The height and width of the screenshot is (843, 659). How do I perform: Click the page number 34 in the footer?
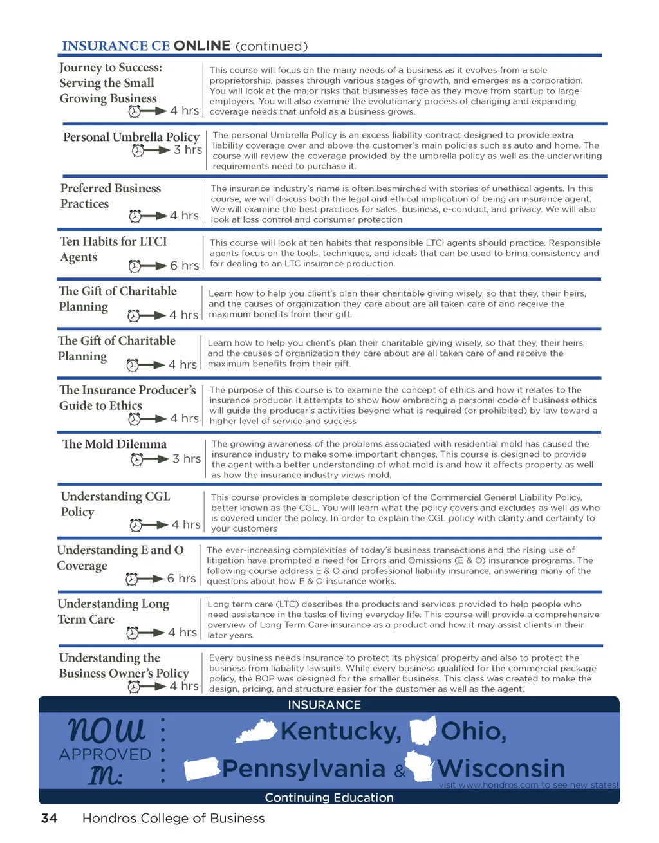[49, 818]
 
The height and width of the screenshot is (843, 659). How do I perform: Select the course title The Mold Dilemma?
[114, 444]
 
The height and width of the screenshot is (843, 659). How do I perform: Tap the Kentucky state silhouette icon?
[257, 732]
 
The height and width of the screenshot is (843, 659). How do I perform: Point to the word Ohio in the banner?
[474, 731]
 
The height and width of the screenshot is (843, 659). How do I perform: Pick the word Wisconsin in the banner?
[501, 768]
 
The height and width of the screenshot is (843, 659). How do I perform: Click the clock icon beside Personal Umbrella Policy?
[138, 151]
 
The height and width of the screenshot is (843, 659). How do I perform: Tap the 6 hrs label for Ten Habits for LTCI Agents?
[184, 266]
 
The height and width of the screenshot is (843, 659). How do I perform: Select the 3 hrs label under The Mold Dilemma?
[187, 459]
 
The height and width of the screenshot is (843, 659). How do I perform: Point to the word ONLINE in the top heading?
[202, 46]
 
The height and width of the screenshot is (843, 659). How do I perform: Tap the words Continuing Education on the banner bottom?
[329, 797]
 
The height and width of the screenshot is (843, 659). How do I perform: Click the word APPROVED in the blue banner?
[105, 754]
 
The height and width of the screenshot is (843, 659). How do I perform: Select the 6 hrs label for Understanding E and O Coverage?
[181, 579]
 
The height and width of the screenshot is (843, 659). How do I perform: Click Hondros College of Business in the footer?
[173, 818]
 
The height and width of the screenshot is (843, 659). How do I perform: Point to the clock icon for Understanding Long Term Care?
[133, 633]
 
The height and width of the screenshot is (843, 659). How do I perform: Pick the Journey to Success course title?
[110, 83]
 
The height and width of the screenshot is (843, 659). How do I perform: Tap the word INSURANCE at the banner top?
[324, 705]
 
